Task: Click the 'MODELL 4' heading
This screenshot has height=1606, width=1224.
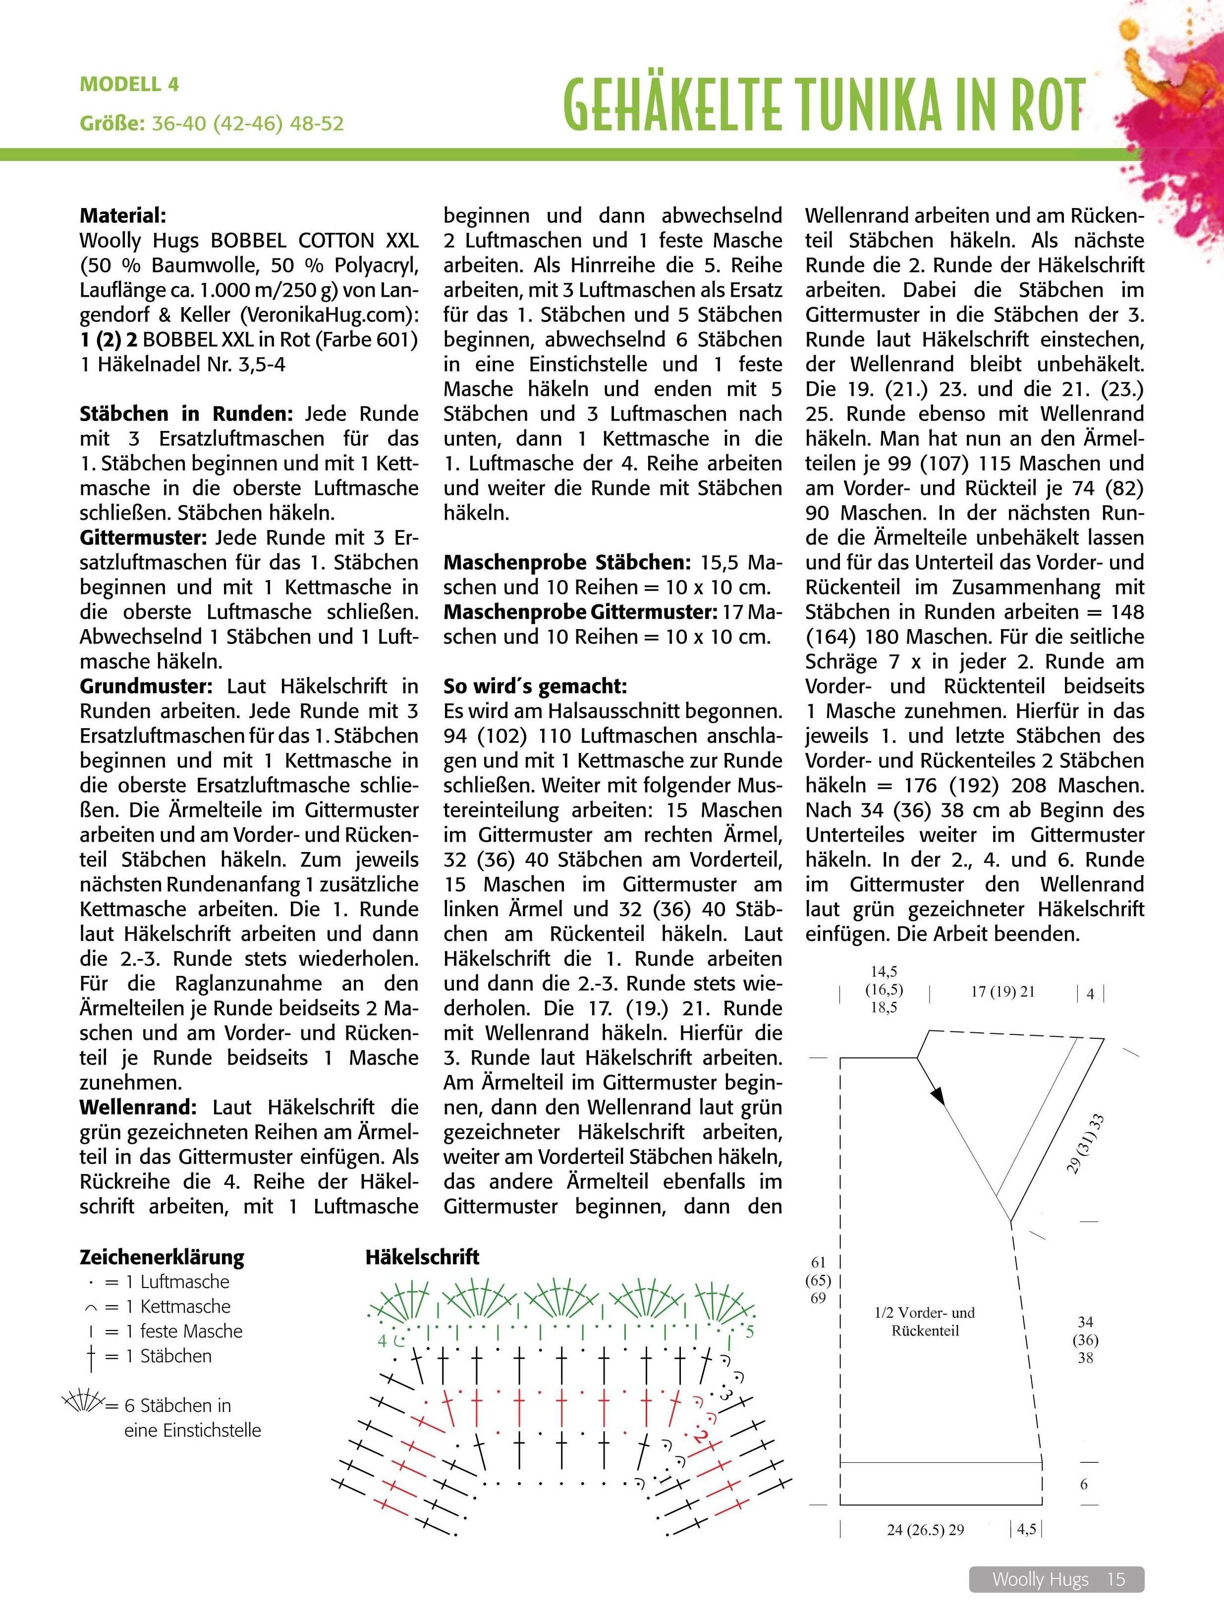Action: pos(129,85)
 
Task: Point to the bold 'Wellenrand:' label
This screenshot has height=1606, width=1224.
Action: pos(138,1107)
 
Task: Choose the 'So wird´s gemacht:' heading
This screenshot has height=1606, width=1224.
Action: pos(535,686)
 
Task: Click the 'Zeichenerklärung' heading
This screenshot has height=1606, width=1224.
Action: pos(162,1257)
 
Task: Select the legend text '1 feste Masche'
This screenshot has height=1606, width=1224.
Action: pos(191,1332)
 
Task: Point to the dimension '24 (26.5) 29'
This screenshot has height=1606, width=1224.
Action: pos(925,1530)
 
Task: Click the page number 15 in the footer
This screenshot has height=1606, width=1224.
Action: pos(1115,1579)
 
